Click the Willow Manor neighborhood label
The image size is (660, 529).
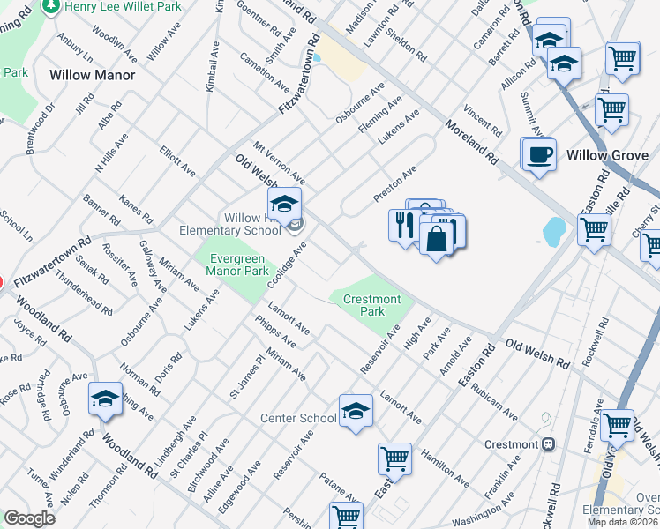[x=93, y=75]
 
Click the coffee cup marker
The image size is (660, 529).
[x=538, y=154]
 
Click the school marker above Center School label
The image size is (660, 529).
[x=356, y=410]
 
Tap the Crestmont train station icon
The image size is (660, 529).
[x=548, y=443]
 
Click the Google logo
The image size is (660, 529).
[x=29, y=518]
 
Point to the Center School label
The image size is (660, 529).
[x=298, y=417]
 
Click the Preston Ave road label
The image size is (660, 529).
[x=394, y=184]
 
